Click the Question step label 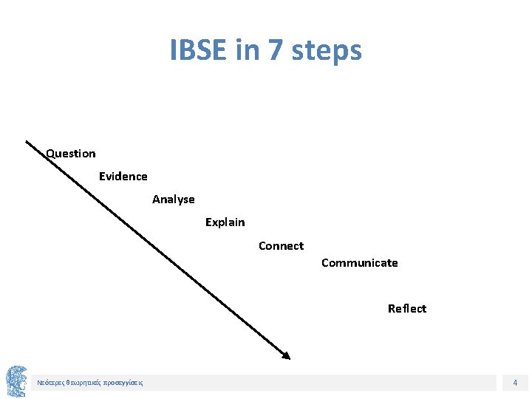[x=71, y=154]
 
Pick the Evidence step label [x=123, y=177]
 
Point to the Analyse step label [x=174, y=199]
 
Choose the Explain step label [x=225, y=222]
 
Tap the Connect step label [x=281, y=246]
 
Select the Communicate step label [x=360, y=263]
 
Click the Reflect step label [x=407, y=309]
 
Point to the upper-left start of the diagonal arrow [x=28, y=142]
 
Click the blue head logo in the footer [x=16, y=381]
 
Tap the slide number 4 [x=515, y=383]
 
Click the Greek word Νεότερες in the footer [x=50, y=383]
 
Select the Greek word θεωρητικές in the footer [x=83, y=383]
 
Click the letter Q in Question [x=50, y=154]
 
